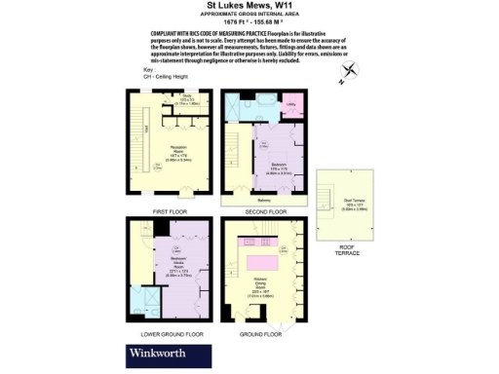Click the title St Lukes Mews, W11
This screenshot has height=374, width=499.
pos(249,8)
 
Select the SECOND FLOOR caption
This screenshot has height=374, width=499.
pos(263,211)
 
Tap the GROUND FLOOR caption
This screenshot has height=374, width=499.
pos(263,333)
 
